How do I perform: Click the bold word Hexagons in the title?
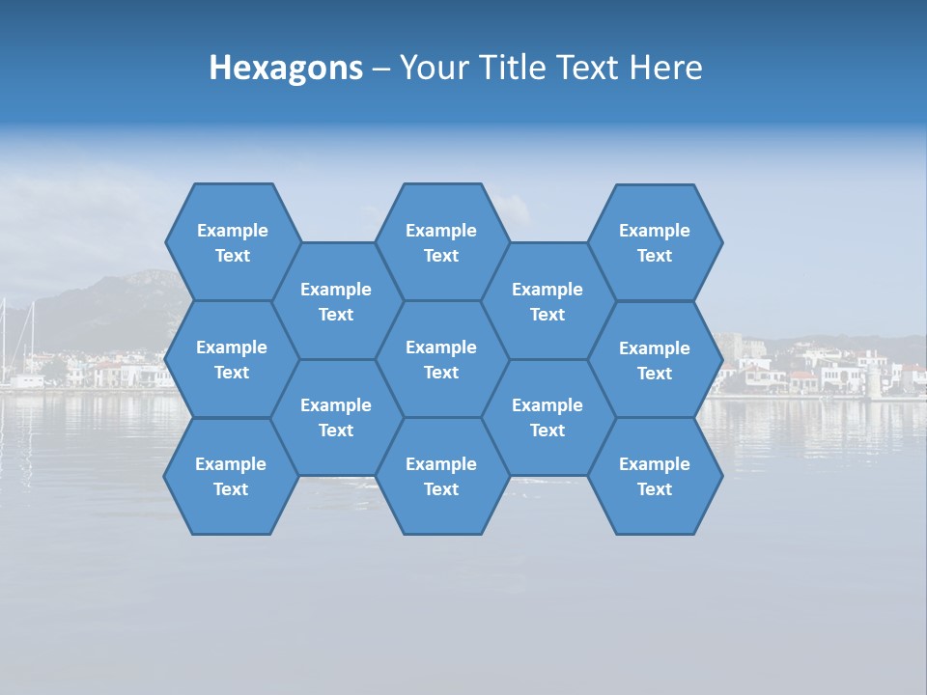point(286,68)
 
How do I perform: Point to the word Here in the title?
point(665,68)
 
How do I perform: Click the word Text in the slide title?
point(579,68)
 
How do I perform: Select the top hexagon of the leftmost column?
point(232,242)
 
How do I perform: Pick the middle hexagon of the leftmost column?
point(232,359)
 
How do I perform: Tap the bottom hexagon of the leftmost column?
point(231,476)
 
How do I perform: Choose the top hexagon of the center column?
point(441,242)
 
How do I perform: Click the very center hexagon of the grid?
point(441,359)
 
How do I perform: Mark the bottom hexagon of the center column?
point(441,476)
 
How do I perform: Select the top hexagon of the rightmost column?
point(655,242)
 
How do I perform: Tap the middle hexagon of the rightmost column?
point(655,360)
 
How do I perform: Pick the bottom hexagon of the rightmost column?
point(655,476)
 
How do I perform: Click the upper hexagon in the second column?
point(336,301)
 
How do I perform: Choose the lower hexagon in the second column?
point(336,417)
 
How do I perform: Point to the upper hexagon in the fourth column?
point(548,301)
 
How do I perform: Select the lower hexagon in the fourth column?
point(548,417)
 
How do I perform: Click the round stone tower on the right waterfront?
point(875,377)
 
